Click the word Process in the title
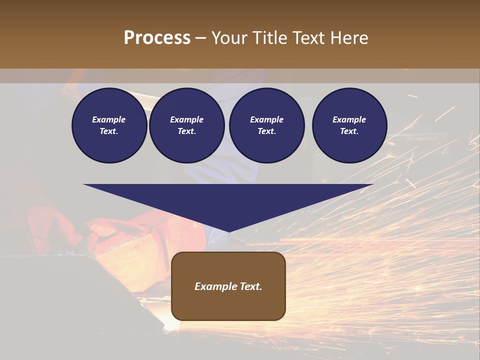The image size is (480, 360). [157, 38]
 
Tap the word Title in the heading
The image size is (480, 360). [268, 38]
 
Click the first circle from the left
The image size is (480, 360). [109, 125]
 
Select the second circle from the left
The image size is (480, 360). [186, 125]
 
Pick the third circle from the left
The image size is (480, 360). [266, 125]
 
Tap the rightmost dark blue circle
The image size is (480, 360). [349, 125]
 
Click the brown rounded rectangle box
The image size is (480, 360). [228, 286]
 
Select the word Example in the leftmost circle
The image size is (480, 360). [109, 119]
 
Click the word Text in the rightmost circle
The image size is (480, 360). [349, 131]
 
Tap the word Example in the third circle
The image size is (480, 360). [266, 119]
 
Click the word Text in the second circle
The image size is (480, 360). [186, 131]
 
